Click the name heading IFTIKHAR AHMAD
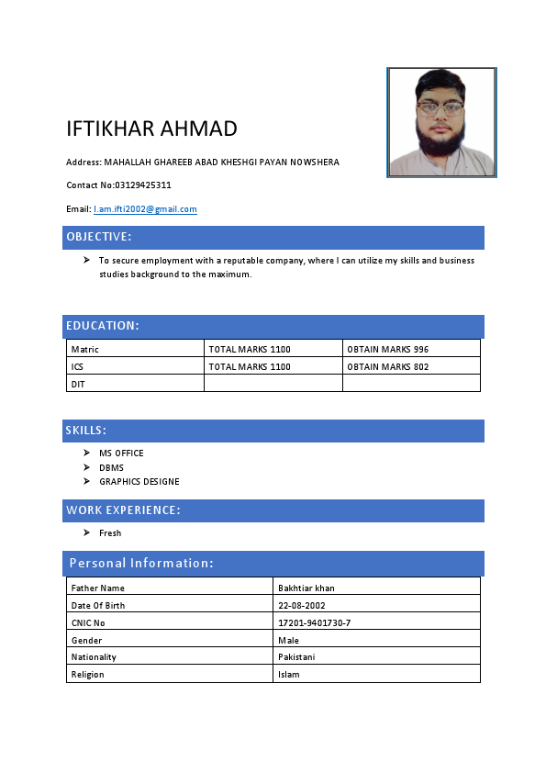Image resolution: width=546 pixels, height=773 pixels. pyautogui.click(x=151, y=129)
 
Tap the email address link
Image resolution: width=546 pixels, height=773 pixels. pyautogui.click(x=145, y=209)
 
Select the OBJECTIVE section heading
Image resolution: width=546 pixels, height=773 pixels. pyautogui.click(x=99, y=237)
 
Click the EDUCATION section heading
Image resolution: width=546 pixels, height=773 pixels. pyautogui.click(x=102, y=326)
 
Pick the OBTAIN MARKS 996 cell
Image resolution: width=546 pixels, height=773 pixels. pyautogui.click(x=387, y=349)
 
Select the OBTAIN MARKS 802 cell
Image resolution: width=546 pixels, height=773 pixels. pyautogui.click(x=387, y=366)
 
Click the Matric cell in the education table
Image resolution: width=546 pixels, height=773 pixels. pyautogui.click(x=84, y=349)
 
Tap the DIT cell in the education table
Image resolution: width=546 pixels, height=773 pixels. pyautogui.click(x=78, y=384)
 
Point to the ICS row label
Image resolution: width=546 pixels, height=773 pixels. pyautogui.click(x=77, y=366)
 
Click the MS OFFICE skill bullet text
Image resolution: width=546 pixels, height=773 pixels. pyautogui.click(x=121, y=453)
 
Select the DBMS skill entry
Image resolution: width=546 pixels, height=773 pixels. pyautogui.click(x=111, y=467)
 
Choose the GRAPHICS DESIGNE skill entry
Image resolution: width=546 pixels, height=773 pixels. pyautogui.click(x=139, y=481)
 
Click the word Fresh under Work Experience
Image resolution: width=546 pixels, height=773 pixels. pyautogui.click(x=110, y=532)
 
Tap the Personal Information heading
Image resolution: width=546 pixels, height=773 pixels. pyautogui.click(x=141, y=563)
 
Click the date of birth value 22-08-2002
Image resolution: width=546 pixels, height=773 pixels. pyautogui.click(x=301, y=605)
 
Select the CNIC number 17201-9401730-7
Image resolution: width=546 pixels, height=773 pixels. pyautogui.click(x=314, y=622)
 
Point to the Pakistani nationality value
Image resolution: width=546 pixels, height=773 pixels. pyautogui.click(x=296, y=657)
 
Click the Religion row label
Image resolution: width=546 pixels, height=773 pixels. pyautogui.click(x=87, y=675)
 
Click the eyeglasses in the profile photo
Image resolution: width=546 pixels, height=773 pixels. pyautogui.click(x=440, y=107)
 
